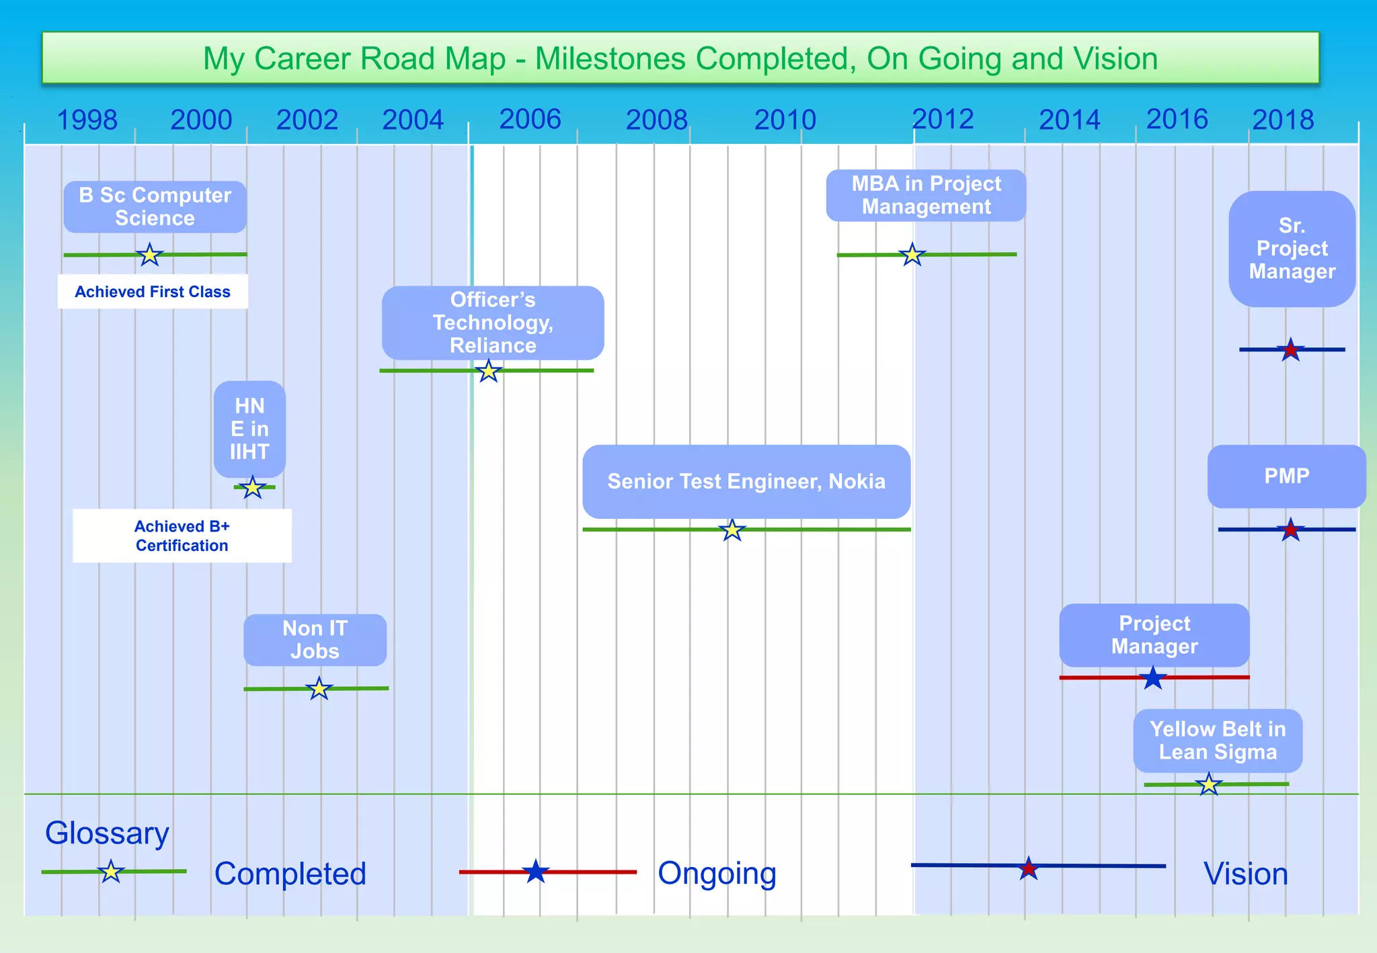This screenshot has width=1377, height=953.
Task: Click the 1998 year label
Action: [87, 120]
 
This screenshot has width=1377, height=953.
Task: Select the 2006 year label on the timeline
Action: [530, 120]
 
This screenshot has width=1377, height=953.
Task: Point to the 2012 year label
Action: [943, 120]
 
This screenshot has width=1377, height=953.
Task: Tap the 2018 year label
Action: [1283, 120]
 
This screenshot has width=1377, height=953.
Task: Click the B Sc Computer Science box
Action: [155, 207]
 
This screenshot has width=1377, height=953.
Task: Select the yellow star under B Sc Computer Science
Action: [149, 255]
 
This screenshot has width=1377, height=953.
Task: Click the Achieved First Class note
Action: [153, 292]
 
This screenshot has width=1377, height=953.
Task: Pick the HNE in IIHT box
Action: [249, 429]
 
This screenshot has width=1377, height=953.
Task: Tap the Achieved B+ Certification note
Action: [182, 536]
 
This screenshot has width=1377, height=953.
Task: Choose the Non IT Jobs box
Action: [315, 640]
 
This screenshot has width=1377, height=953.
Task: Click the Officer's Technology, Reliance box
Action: [493, 323]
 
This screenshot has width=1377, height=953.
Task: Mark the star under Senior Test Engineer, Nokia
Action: [732, 530]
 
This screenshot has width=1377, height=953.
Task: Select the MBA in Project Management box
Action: [926, 196]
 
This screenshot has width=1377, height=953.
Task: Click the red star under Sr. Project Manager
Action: [1290, 350]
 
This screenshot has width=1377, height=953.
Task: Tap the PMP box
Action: [1286, 476]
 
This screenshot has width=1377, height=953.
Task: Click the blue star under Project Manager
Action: [1153, 678]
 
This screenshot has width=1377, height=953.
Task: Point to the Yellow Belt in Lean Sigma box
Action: [1218, 741]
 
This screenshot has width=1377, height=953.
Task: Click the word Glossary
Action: [107, 833]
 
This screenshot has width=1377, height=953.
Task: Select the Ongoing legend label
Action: [717, 874]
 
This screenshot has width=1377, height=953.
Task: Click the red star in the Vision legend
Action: [1028, 869]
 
